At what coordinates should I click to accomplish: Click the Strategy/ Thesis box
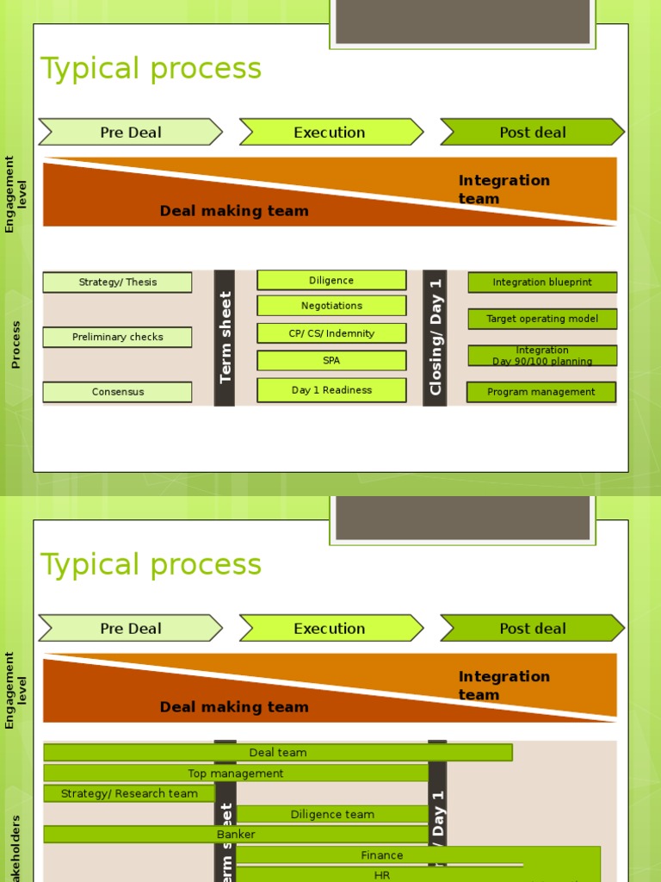coord(117,283)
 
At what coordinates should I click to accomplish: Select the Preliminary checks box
coord(117,338)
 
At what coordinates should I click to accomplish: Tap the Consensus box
coord(117,392)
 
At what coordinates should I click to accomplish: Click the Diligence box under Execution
coord(331,281)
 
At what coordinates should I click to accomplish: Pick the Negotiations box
coord(331,306)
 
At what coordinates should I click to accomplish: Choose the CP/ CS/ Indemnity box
coord(331,333)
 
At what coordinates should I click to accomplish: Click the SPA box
coord(331,361)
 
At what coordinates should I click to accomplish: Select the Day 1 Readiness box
coord(331,390)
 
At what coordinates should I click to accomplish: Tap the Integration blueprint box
coord(542,283)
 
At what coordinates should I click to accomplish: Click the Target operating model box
coord(542,319)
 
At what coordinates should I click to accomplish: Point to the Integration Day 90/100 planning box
coord(542,356)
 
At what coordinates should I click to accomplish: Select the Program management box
coord(541,392)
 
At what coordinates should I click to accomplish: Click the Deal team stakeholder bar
coord(278,753)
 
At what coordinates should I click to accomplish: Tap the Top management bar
coord(236,773)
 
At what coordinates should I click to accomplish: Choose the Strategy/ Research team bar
coord(129,793)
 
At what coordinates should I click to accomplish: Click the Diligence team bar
coord(332,814)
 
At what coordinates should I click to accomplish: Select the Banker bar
coord(236,835)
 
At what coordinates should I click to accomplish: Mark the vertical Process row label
coord(15,345)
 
